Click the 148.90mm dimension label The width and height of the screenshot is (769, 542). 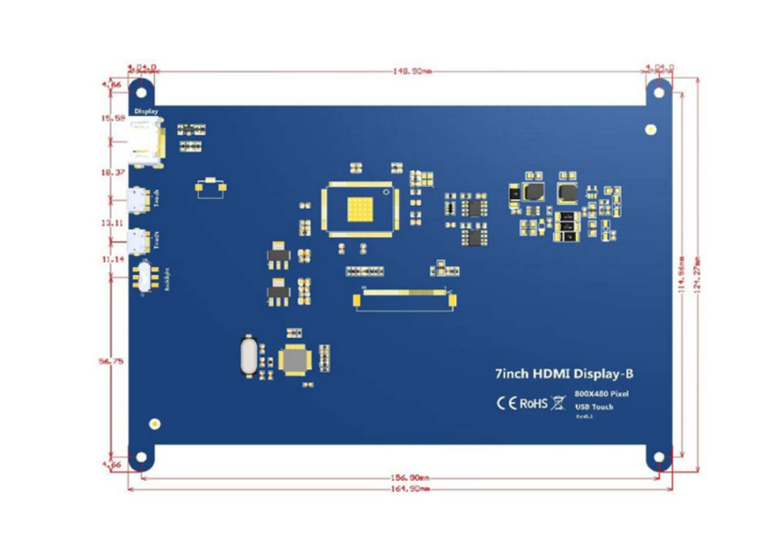tap(412, 72)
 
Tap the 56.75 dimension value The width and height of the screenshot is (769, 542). tap(112, 362)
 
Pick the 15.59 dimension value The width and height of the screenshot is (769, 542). tap(112, 118)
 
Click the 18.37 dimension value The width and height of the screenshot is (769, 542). tap(112, 173)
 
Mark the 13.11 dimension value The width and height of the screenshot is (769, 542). tap(112, 224)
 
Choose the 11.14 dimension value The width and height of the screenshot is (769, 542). tap(112, 259)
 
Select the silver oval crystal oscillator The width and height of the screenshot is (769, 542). tap(247, 355)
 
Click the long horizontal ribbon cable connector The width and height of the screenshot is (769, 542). tap(405, 299)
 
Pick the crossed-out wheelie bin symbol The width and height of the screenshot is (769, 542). tap(559, 403)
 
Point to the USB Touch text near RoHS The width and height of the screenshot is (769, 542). tap(593, 407)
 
